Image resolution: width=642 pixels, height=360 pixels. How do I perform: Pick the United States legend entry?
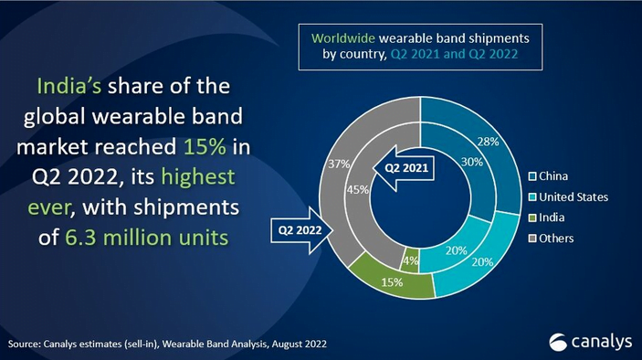coord(573,196)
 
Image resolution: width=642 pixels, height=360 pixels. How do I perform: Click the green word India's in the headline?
coord(68,86)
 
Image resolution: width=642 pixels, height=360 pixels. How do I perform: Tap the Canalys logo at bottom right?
coord(591,341)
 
